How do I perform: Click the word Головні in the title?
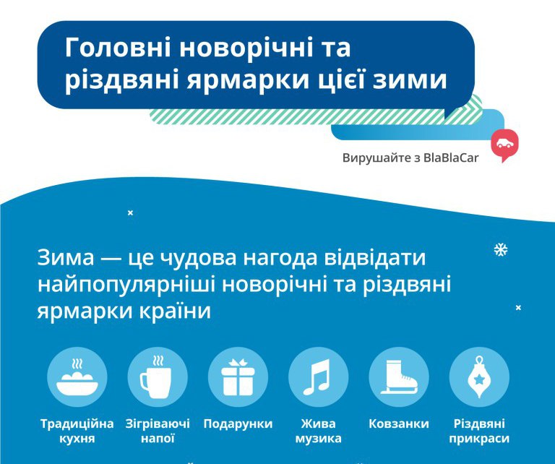pos(119,48)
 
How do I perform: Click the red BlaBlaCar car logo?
pos(504,145)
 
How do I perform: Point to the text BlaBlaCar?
pos(451,158)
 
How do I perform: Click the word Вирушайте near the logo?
pos(377,158)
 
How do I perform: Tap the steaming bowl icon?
pos(77,377)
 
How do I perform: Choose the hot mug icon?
pos(157,377)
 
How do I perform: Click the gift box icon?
pos(238,377)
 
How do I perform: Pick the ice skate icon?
pos(399,377)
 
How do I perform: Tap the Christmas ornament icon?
pos(479,377)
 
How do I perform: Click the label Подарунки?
pos(238,424)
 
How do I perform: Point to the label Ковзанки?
pos(399,424)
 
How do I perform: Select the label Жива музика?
pos(318,431)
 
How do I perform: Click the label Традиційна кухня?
pos(77,431)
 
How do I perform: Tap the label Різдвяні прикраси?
pos(479,431)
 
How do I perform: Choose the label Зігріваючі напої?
pos(158,431)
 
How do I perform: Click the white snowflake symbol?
pos(501,249)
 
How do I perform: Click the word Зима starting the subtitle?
pos(66,257)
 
